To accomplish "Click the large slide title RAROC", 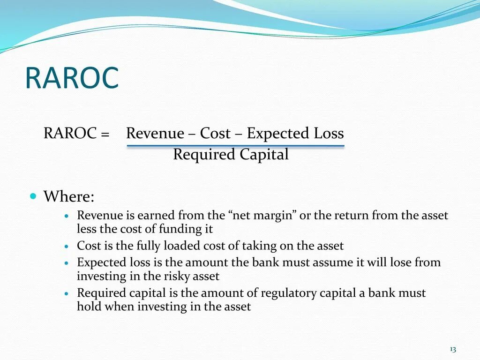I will [x=72, y=78].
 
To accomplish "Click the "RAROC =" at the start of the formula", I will [x=76, y=134].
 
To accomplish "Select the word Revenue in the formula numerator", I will [x=155, y=134].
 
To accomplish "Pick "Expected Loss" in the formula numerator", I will [x=295, y=134].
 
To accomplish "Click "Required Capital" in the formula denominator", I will [x=231, y=155].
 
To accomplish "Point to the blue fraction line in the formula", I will [x=235, y=146].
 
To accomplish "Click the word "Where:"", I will [x=69, y=196].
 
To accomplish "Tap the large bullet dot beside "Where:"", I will [x=33, y=195].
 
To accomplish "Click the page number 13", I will [x=453, y=349].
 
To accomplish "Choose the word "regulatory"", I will [x=287, y=293].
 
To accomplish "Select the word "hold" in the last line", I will [x=87, y=307].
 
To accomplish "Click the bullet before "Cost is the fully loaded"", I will [x=67, y=247].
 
